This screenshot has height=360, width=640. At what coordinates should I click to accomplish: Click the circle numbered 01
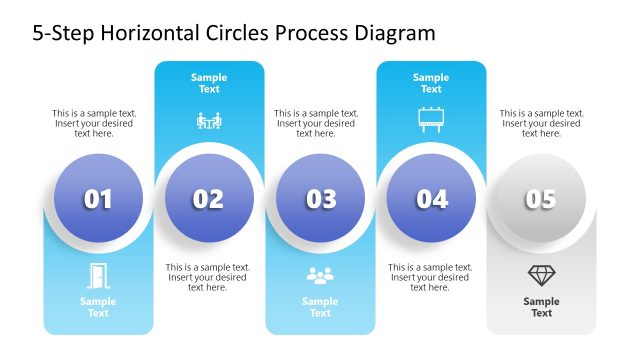[98, 199]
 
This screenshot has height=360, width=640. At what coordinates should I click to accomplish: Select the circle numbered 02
[208, 199]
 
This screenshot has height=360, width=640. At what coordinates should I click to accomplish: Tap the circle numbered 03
[320, 199]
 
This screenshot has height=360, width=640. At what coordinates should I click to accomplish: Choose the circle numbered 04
[431, 199]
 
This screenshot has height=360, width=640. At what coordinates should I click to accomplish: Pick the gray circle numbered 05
[541, 199]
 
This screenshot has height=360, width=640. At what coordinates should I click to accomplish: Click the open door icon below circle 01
[98, 274]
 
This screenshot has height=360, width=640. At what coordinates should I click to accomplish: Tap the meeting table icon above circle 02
[208, 121]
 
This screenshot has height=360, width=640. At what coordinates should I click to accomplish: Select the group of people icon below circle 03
[320, 274]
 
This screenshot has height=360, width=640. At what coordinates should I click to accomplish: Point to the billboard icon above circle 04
[431, 120]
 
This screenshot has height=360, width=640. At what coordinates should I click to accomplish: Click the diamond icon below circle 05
[541, 274]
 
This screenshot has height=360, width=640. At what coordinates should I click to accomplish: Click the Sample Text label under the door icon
[98, 307]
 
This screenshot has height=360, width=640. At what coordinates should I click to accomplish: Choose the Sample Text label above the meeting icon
[208, 83]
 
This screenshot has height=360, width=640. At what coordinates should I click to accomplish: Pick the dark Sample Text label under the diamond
[541, 307]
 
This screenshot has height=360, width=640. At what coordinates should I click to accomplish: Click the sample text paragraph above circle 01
[95, 123]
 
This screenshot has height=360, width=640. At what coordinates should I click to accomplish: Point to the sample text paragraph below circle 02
[208, 277]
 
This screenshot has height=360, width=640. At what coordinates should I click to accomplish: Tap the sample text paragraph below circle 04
[431, 277]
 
